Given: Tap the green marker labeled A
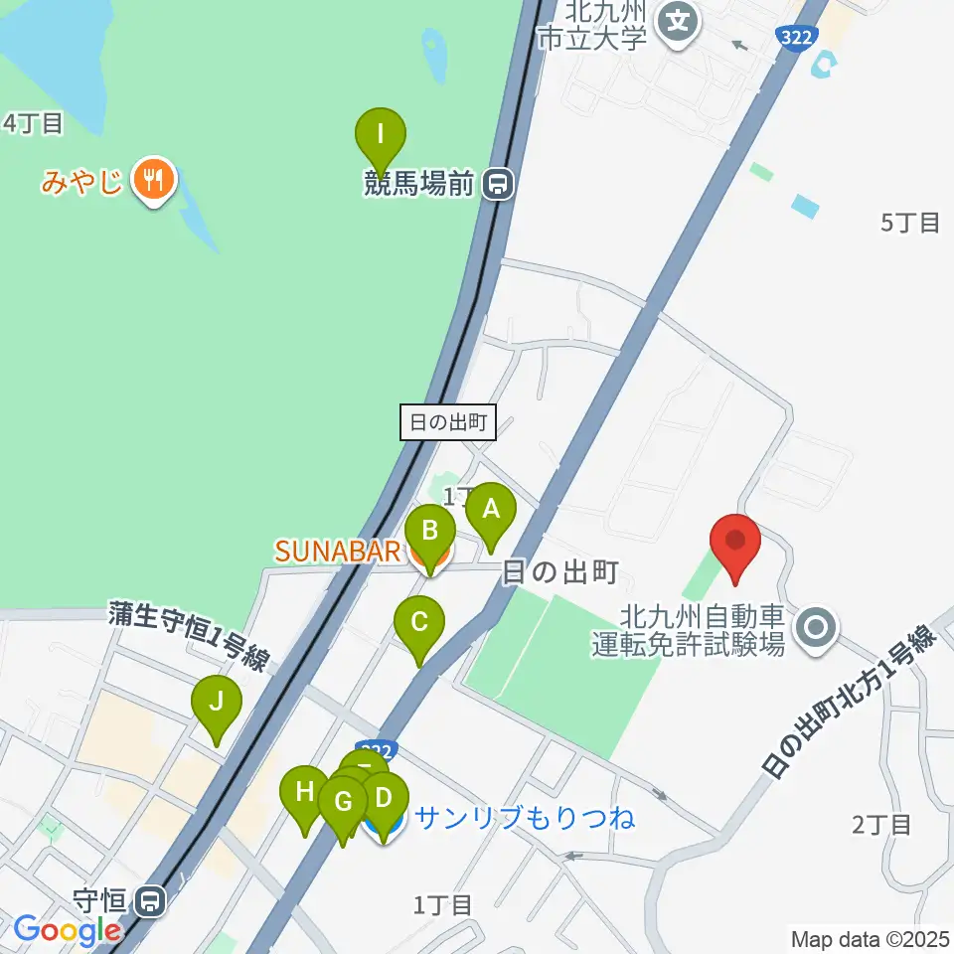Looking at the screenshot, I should [x=491, y=511].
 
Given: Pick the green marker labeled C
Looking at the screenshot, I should [x=419, y=624].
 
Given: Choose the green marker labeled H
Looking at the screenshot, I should [x=304, y=794].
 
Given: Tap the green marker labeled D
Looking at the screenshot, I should [x=386, y=799].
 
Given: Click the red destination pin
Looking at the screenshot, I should [x=735, y=543].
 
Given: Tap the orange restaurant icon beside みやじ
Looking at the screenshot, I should [x=152, y=180].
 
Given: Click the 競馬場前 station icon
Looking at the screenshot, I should [x=497, y=183].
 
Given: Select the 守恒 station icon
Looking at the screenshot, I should [x=151, y=901].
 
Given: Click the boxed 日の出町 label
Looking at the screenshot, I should [x=447, y=422].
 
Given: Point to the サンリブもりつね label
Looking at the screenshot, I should [x=525, y=819].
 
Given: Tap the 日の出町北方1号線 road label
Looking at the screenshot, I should [x=850, y=702].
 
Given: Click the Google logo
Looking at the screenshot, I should [x=68, y=931].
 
